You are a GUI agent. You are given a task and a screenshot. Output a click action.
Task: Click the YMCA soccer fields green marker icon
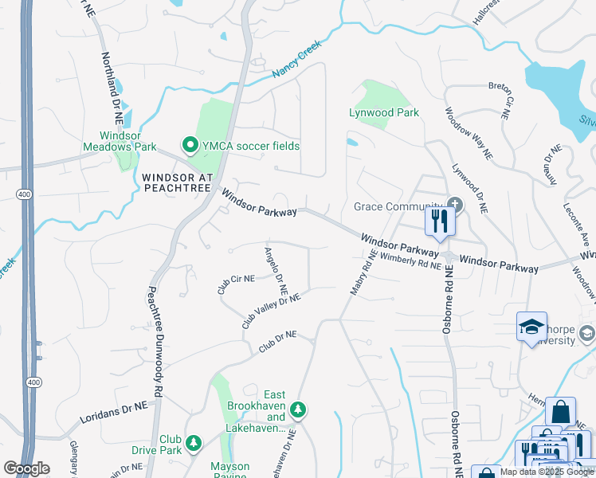[190, 145]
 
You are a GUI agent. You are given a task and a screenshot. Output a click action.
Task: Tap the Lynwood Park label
[384, 113]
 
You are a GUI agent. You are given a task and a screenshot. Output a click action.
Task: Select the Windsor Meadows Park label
[120, 141]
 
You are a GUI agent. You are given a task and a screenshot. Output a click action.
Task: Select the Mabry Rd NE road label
[362, 272]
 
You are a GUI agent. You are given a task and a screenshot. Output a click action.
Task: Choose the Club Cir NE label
[236, 284]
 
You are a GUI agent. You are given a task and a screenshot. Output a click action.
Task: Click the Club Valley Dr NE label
[271, 311]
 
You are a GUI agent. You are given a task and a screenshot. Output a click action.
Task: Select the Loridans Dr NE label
[114, 413]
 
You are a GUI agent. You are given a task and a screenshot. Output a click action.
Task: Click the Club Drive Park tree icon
[193, 442]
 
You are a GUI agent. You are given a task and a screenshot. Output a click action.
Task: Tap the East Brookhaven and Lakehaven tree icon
[298, 409]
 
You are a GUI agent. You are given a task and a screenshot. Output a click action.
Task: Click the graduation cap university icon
[531, 327]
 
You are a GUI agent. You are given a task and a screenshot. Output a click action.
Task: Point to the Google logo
[26, 468]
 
